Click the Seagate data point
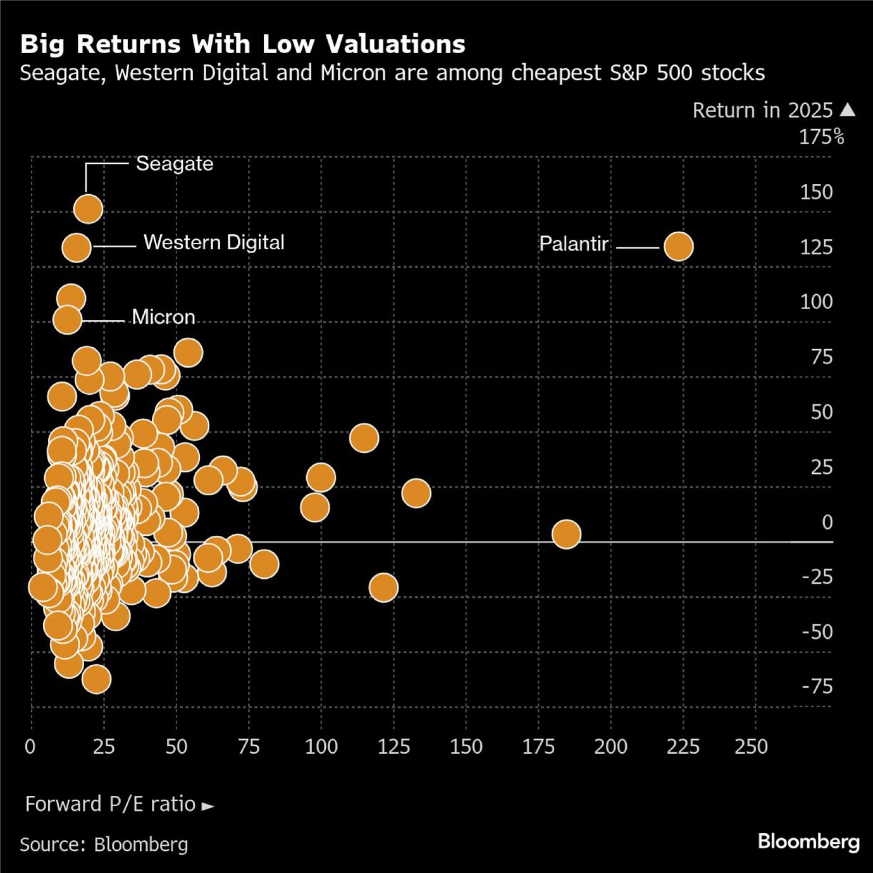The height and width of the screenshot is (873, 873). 88,209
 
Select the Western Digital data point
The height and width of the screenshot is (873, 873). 77,247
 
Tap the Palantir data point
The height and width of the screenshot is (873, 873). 678,246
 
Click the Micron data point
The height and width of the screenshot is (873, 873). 67,319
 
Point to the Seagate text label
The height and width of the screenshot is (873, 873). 175,164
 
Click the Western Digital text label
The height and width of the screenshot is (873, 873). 214,242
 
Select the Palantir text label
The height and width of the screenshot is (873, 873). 573,244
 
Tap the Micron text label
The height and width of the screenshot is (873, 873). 163,317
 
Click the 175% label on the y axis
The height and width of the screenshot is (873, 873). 821,137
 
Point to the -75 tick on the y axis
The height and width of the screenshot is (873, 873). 817,686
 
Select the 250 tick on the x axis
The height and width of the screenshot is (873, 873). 751,747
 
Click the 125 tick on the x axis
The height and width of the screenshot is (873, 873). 393,747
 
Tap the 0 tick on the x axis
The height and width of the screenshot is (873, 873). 30,747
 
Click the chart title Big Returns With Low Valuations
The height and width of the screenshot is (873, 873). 242,44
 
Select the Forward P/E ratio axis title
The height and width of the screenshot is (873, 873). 111,804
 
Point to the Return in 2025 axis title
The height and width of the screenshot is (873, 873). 762,111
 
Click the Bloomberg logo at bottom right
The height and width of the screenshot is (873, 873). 808,841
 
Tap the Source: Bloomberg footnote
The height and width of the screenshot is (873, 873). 104,845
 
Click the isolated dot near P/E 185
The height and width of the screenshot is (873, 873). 566,534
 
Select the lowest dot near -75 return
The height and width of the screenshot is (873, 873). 96,679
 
